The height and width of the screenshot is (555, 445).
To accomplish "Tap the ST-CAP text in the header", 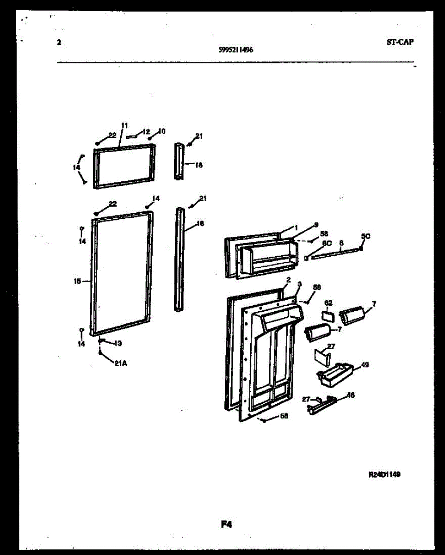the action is tap(400, 42).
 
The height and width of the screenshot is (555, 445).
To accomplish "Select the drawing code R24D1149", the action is tap(384, 474).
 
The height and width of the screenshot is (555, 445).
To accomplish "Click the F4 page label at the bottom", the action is tap(226, 524).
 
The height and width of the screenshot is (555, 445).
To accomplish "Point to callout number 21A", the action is tap(121, 363).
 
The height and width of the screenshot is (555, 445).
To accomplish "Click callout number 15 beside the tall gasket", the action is tap(77, 281).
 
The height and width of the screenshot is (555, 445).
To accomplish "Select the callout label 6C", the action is tap(327, 243).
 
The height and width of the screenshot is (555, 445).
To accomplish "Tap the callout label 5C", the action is tap(365, 236).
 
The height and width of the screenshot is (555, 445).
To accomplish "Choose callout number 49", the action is tap(365, 365).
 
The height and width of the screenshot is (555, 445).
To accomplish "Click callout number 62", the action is tap(328, 303).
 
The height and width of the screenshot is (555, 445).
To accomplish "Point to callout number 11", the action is tap(124, 125).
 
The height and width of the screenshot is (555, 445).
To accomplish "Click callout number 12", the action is tap(146, 132).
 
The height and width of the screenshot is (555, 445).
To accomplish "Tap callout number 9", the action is tap(316, 225).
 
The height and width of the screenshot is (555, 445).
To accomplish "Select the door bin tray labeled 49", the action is tap(334, 373).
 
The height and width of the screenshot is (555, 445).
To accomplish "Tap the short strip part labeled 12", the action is tap(133, 136).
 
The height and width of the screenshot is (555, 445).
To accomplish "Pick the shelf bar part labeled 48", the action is tap(321, 405).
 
